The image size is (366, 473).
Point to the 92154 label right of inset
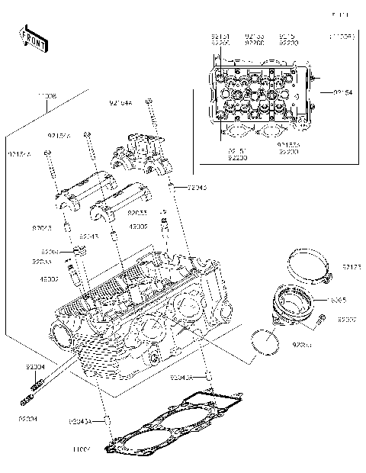(342, 92)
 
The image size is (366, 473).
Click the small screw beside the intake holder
(321, 316)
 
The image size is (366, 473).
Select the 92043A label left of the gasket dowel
(80, 421)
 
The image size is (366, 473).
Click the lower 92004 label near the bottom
(28, 419)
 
